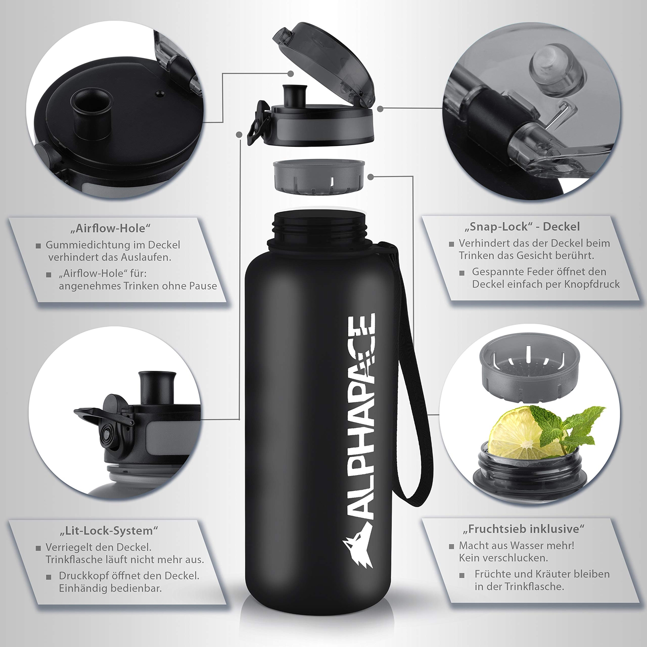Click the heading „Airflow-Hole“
(x=110, y=228)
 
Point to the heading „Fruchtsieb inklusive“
(x=524, y=528)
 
